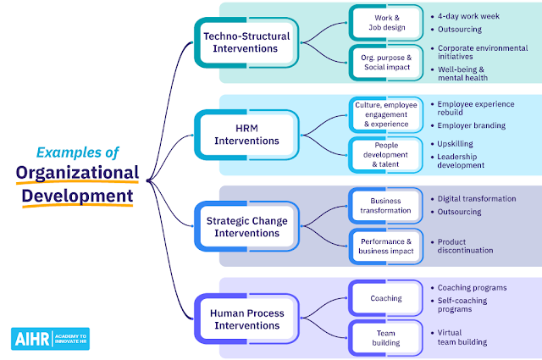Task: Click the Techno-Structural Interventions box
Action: click(x=246, y=42)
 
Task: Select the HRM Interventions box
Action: click(x=246, y=135)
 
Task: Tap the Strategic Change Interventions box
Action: click(x=246, y=226)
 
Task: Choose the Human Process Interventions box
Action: click(x=246, y=318)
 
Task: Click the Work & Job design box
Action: click(x=386, y=23)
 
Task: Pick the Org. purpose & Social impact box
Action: click(x=386, y=63)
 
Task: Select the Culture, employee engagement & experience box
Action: click(x=386, y=114)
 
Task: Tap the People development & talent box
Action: click(x=386, y=155)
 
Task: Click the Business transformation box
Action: click(x=386, y=206)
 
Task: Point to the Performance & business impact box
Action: click(x=386, y=246)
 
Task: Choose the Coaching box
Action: click(x=386, y=298)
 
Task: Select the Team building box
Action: click(x=386, y=338)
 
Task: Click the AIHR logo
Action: click(x=51, y=339)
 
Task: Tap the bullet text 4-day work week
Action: click(x=468, y=16)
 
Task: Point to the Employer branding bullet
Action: click(x=471, y=125)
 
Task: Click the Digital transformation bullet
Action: click(x=477, y=199)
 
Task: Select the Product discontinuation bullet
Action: click(x=465, y=246)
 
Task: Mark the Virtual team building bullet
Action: click(x=462, y=337)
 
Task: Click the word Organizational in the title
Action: click(x=77, y=173)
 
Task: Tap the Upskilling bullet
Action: click(x=455, y=144)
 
